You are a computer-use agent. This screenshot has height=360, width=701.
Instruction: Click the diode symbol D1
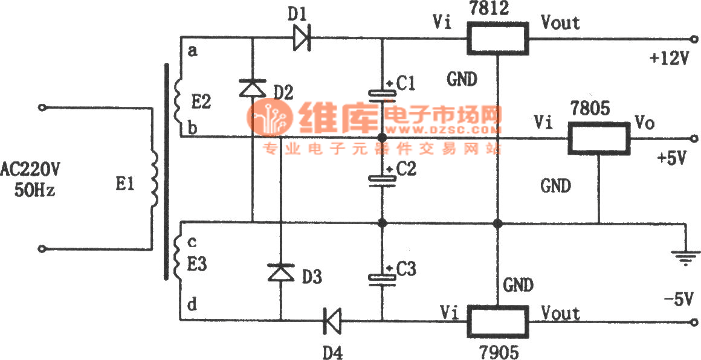(302, 39)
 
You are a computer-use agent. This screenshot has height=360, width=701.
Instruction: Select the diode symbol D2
(251, 89)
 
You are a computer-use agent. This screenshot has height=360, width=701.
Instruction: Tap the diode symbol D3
(280, 273)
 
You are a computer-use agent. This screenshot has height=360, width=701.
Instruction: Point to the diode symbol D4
(332, 320)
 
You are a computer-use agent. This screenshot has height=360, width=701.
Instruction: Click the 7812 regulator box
(497, 40)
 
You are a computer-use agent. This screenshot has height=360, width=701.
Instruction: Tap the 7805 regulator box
(598, 138)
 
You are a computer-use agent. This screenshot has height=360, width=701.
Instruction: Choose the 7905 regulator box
(497, 321)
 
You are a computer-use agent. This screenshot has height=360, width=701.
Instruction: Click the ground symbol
(685, 257)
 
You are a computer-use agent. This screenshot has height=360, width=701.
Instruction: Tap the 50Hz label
(34, 191)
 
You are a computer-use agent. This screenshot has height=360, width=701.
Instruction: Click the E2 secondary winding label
(201, 103)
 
